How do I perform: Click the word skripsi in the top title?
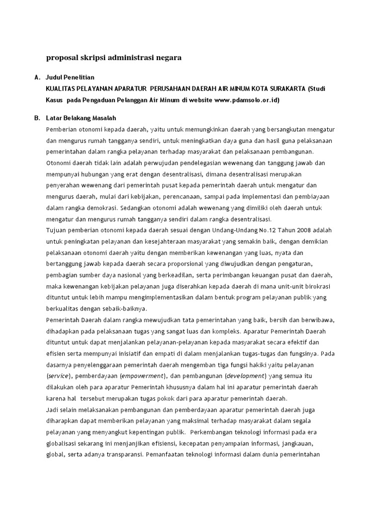pos(93,58)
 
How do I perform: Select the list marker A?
pos(37,78)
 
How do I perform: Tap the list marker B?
pos(37,118)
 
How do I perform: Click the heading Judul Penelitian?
pos(70,78)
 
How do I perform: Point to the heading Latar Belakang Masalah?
pos(81,118)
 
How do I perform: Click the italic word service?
pos(58,376)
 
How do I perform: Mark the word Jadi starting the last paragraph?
pos(52,410)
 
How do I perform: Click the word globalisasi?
pos(64,443)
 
